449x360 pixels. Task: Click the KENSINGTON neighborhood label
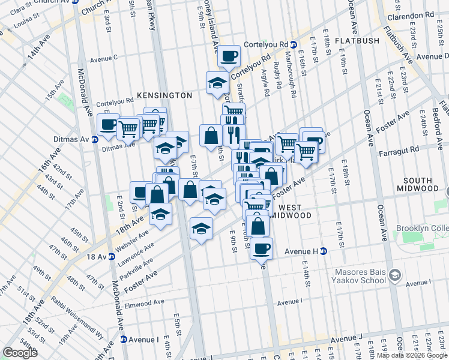click(164, 95)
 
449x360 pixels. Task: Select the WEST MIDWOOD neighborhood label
click(291, 215)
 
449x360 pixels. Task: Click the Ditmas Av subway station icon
click(94, 140)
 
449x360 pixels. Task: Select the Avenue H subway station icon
click(323, 251)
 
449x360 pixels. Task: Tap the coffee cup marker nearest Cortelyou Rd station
click(228, 56)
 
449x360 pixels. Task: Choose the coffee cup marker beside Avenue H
click(261, 248)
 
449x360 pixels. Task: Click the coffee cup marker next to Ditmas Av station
click(108, 125)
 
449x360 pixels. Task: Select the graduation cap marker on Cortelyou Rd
click(217, 83)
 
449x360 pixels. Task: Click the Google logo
click(20, 353)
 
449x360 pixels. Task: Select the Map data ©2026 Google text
click(412, 356)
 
